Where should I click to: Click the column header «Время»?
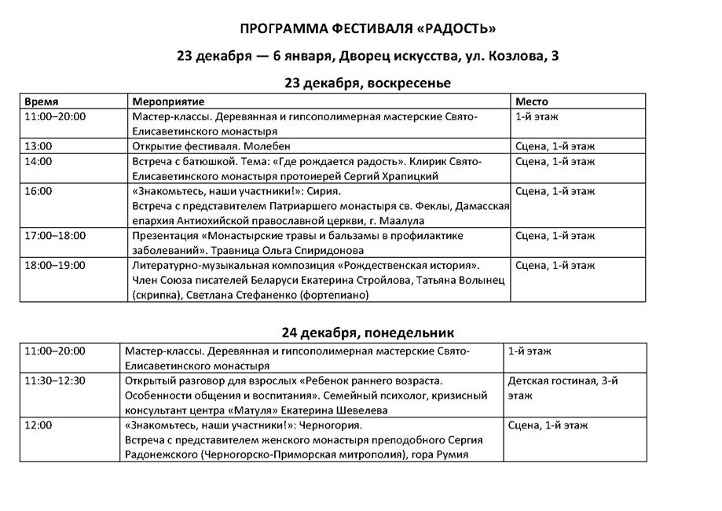coord(41,102)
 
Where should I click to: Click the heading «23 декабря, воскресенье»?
coord(368,83)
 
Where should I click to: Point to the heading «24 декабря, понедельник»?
coord(368,332)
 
